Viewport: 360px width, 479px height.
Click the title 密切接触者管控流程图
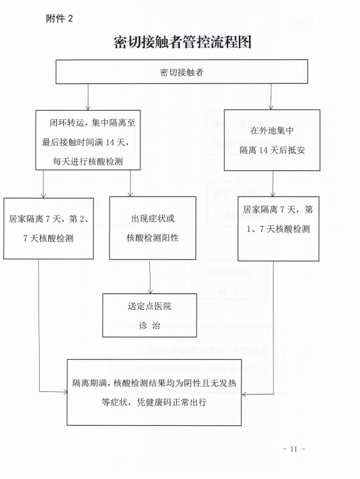click(x=183, y=42)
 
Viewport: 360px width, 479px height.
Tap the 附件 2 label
click(x=60, y=19)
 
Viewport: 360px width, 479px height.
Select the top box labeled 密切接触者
click(x=181, y=72)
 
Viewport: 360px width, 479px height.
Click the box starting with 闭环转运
click(x=88, y=140)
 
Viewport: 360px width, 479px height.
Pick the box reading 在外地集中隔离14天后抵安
click(x=272, y=140)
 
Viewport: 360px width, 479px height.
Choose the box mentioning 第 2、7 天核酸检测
click(x=48, y=229)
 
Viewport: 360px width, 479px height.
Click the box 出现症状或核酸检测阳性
click(x=152, y=228)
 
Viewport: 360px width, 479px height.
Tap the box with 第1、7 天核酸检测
click(x=279, y=229)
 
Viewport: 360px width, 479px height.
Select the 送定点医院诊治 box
click(x=149, y=315)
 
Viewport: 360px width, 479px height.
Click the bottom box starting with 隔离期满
click(x=154, y=393)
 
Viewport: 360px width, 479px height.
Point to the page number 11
click(x=293, y=449)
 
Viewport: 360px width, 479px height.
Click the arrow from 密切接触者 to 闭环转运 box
click(x=88, y=97)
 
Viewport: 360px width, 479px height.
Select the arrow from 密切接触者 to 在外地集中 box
click(x=271, y=97)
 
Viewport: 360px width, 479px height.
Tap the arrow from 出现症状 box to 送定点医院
click(x=150, y=277)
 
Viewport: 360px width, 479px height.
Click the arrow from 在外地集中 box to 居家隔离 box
click(x=273, y=184)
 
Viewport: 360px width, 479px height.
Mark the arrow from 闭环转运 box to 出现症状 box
click(x=130, y=183)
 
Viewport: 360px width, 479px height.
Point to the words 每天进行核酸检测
click(x=88, y=161)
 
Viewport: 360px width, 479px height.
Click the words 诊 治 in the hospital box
click(x=149, y=325)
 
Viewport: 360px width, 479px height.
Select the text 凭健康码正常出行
click(x=172, y=402)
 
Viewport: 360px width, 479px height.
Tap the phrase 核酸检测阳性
click(x=152, y=238)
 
